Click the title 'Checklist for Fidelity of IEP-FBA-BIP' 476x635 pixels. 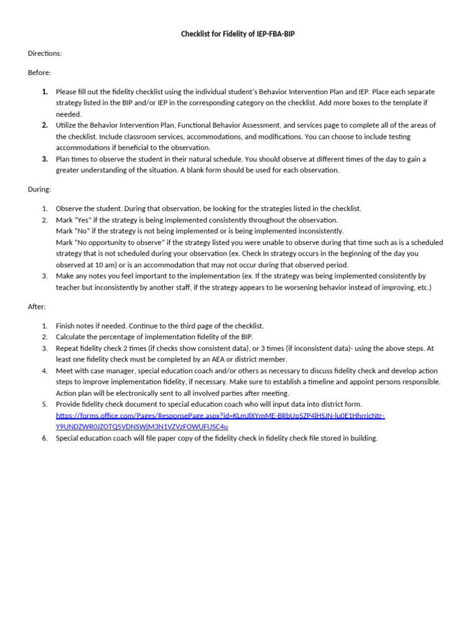[x=237, y=34]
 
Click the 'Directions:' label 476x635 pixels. [x=45, y=53]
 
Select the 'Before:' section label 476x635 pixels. [x=40, y=73]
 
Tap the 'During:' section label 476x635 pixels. [x=40, y=189]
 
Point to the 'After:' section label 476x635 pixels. [x=37, y=306]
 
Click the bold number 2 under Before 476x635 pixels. [x=45, y=125]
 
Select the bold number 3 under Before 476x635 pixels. [x=45, y=159]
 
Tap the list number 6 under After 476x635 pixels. [x=45, y=438]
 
